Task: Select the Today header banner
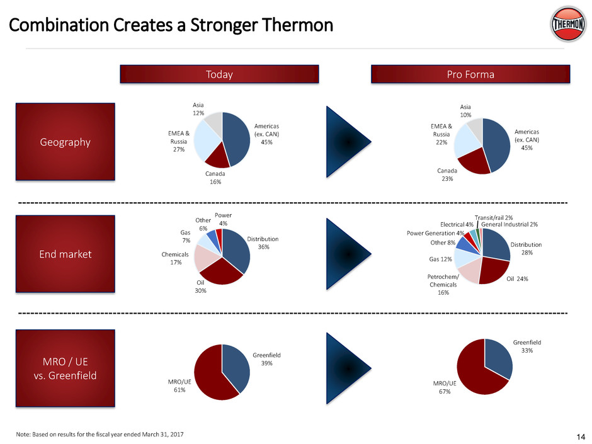(220, 74)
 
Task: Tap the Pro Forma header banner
(470, 74)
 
